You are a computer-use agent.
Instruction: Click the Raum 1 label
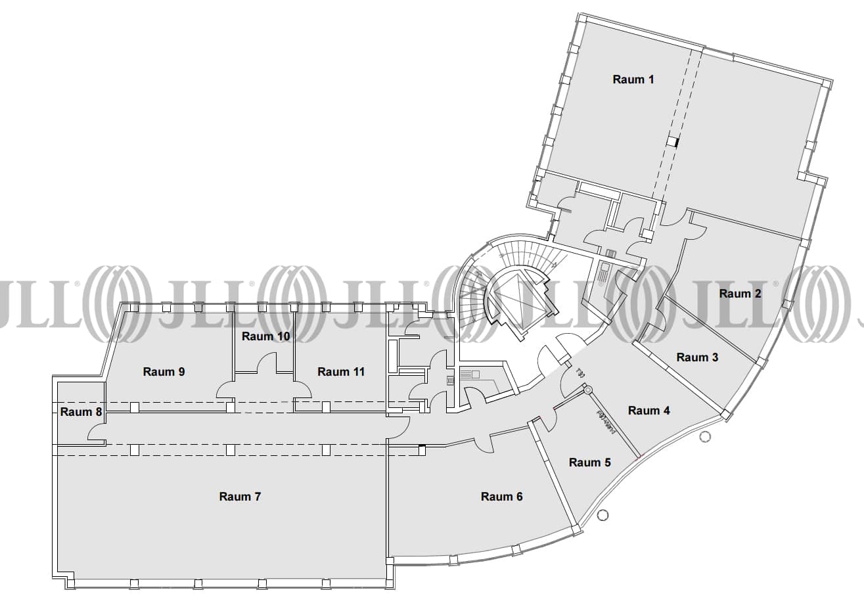(633, 79)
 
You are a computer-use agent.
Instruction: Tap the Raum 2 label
(740, 294)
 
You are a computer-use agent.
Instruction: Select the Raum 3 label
(697, 357)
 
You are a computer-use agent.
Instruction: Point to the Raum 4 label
(648, 411)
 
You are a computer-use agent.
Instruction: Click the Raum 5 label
(589, 462)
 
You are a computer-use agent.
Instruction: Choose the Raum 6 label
(501, 497)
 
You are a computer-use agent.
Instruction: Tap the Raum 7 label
(240, 497)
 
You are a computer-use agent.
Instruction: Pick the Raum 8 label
(81, 412)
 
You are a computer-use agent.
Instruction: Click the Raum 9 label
(164, 372)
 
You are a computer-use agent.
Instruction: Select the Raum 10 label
(265, 336)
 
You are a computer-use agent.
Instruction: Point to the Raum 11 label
(341, 372)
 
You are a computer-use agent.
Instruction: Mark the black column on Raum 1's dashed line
(672, 141)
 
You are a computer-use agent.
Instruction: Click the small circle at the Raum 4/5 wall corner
(586, 390)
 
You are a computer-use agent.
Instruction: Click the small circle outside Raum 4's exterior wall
(706, 437)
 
